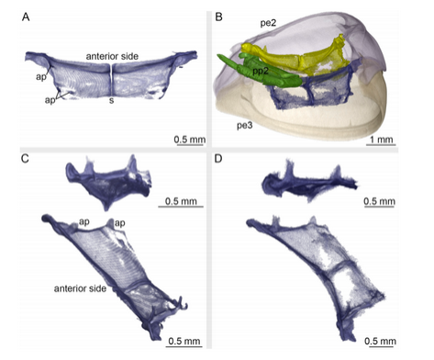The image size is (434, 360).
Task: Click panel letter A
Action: (26, 17)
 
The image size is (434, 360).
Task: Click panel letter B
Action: (218, 17)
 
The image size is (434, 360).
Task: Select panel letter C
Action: (25, 159)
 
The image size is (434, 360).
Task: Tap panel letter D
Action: (218, 159)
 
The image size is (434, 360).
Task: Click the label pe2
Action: (268, 23)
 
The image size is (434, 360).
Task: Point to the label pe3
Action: (245, 126)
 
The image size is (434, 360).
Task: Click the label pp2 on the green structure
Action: (261, 71)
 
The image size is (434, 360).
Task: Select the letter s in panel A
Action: (112, 100)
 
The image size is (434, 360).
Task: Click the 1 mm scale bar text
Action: (381, 140)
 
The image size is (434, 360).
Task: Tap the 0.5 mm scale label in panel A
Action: (190, 140)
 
